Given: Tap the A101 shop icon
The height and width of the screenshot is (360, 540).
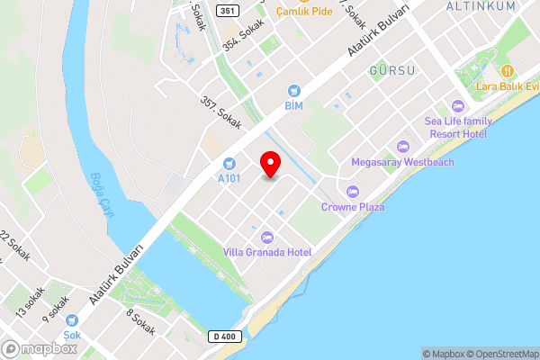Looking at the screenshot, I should click(229, 163).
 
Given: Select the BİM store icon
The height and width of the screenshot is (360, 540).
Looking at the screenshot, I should click(293, 91).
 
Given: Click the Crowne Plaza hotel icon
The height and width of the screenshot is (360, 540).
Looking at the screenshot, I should click(353, 191).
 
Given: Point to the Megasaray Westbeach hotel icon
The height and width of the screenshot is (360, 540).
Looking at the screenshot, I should click(402, 146).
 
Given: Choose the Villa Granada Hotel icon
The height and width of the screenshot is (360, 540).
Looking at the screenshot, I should click(266, 237).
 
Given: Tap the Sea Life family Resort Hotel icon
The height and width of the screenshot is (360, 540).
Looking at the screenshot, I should click(458, 106).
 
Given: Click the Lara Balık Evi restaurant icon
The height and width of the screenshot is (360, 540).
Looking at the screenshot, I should click(508, 70).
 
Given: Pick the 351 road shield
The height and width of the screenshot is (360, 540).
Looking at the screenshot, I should click(227, 11).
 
